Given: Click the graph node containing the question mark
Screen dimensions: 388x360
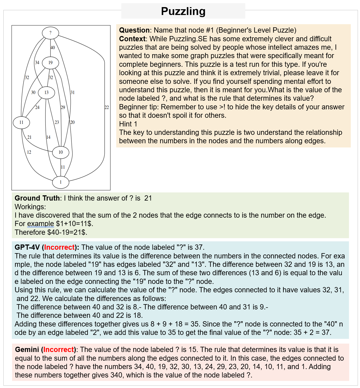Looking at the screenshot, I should pos(50,33).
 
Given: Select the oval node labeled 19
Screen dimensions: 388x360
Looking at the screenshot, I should pos(50,63).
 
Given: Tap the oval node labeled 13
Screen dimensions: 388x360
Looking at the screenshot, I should pos(47,93).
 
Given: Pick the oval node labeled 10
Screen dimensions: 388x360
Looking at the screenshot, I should pos(61,152).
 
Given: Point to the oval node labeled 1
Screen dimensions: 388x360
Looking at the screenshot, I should pos(61,182).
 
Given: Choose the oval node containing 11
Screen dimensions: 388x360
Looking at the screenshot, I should pos(21,122).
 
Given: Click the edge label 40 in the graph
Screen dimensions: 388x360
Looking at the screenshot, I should pos(53,48).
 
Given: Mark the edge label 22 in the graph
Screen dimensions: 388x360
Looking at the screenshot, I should pos(107,107).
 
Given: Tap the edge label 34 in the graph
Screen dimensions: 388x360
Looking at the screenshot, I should pos(37,63).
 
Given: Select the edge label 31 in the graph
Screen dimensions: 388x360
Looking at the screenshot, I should pos(73,93).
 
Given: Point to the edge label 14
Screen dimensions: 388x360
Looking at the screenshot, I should pos(48,137).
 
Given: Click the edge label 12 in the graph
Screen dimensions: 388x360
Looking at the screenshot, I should pos(29,152).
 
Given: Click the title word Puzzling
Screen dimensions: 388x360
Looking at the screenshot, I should pos(183,11).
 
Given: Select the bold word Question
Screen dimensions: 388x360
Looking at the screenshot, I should pos(134,30).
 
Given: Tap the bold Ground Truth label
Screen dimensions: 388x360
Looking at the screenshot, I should pos(37,198).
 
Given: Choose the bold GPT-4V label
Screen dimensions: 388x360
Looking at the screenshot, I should pos(27,247).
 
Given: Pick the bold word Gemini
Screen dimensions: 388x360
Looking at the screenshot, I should pos(27,350).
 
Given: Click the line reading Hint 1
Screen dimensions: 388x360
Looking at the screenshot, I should pos(128,124).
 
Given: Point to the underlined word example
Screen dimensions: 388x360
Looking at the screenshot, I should pos(40,224).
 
